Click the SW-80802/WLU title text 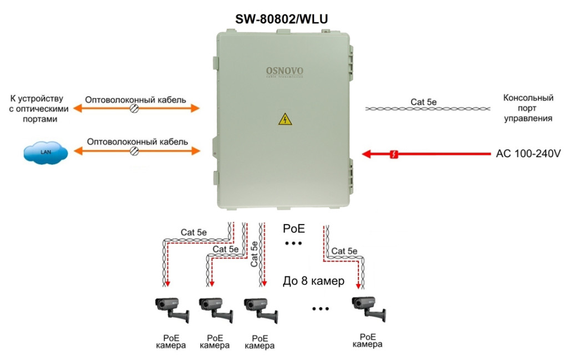(282, 19)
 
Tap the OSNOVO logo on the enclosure (285, 72)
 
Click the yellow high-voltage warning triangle (285, 119)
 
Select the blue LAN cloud (45, 153)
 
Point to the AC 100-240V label (528, 154)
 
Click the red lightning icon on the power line (394, 154)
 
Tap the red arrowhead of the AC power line (367, 154)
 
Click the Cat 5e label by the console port (423, 102)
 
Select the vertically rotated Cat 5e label (254, 254)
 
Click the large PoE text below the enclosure (294, 229)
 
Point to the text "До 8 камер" (313, 281)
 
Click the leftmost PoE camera (172, 309)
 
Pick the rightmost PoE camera (368, 308)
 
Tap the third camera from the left (261, 310)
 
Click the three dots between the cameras (321, 309)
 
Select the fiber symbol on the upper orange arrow (134, 108)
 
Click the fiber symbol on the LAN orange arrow (134, 151)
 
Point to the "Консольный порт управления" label (528, 108)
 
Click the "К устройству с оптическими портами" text (38, 109)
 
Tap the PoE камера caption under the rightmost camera (367, 341)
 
